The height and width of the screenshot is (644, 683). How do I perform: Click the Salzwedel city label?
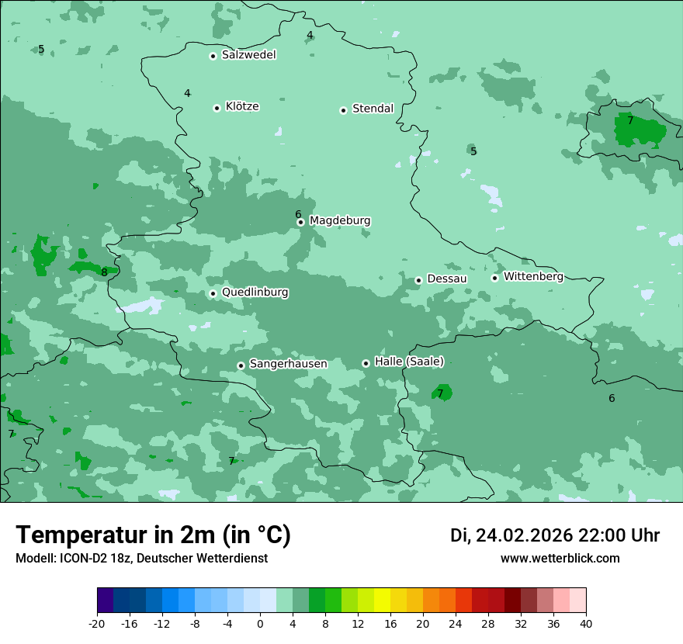[x=248, y=55]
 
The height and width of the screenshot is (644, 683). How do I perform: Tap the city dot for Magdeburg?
[x=300, y=222]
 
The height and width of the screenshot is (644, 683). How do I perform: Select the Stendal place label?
[x=373, y=109]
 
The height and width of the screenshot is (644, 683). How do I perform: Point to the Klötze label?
[x=242, y=107]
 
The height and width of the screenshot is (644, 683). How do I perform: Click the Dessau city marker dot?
[x=418, y=280]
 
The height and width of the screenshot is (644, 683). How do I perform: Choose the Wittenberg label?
[x=533, y=277]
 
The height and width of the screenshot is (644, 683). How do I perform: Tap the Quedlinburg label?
[x=255, y=293]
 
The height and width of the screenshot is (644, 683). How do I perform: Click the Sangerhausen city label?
[x=288, y=364]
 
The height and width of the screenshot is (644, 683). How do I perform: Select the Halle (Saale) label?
[x=409, y=362]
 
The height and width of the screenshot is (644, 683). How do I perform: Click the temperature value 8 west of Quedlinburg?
[x=104, y=272]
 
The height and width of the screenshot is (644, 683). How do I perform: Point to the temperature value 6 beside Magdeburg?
[x=298, y=214]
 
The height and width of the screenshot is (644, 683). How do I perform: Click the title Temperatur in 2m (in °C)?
[x=154, y=535]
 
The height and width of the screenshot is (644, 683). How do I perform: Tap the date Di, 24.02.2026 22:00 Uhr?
[x=555, y=535]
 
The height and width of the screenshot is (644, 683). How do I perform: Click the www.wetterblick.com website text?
[x=560, y=559]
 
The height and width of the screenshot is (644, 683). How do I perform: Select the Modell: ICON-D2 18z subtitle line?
[x=141, y=559]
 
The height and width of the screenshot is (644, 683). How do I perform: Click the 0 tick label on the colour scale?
[x=260, y=623]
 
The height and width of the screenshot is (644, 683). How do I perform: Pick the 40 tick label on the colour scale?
[x=585, y=623]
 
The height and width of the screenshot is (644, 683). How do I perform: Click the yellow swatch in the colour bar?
[x=382, y=601]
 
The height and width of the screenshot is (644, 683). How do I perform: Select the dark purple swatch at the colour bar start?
[x=106, y=601]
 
